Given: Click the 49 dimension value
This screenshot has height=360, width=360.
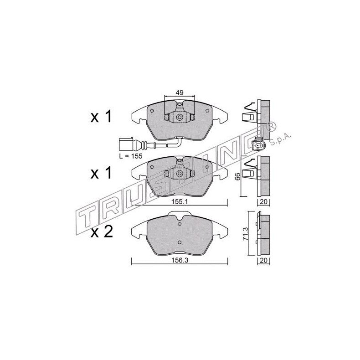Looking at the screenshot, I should click(x=180, y=93).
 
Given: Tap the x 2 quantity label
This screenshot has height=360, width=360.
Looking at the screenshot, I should click(x=101, y=233).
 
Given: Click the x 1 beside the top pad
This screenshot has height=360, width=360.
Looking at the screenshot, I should click(x=101, y=117).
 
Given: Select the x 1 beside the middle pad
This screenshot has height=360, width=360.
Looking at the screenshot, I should click(x=101, y=174).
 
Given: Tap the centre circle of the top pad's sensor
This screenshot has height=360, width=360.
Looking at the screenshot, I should click(x=180, y=118).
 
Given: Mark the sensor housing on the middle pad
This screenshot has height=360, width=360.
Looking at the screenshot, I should click(x=180, y=174).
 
